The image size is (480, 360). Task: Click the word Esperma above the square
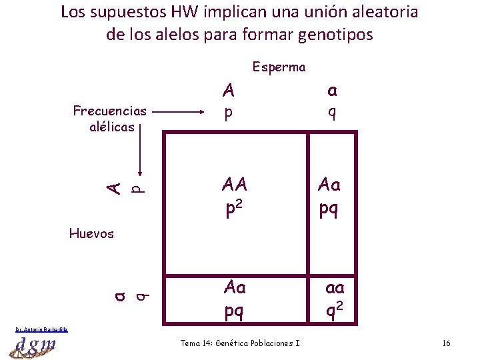point(279,67)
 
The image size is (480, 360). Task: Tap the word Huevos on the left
point(91,233)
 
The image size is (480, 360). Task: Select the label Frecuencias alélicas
point(111,119)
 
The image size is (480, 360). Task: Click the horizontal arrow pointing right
point(181,113)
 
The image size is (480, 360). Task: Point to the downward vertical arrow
point(139,153)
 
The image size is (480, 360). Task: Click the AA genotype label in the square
point(235,184)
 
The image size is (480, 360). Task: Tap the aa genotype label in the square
point(335,288)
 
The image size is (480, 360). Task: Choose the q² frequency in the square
point(335,311)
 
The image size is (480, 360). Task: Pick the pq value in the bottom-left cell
point(234,311)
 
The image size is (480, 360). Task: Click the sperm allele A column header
point(229,89)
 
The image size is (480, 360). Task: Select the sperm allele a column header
point(331,89)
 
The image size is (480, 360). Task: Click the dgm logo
point(34,345)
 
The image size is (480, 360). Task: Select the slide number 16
point(446,343)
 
